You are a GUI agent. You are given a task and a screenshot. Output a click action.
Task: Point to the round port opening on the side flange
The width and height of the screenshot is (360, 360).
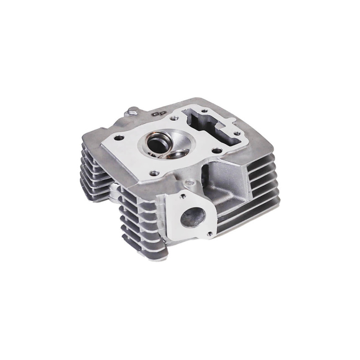[x=191, y=218]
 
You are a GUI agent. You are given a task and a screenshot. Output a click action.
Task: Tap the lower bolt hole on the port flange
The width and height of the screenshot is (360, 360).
[x=206, y=231]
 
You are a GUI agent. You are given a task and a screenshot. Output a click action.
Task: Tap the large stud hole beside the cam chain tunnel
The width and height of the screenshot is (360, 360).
[x=216, y=151]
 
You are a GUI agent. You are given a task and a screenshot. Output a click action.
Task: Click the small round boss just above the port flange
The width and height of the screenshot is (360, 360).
[x=191, y=183]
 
